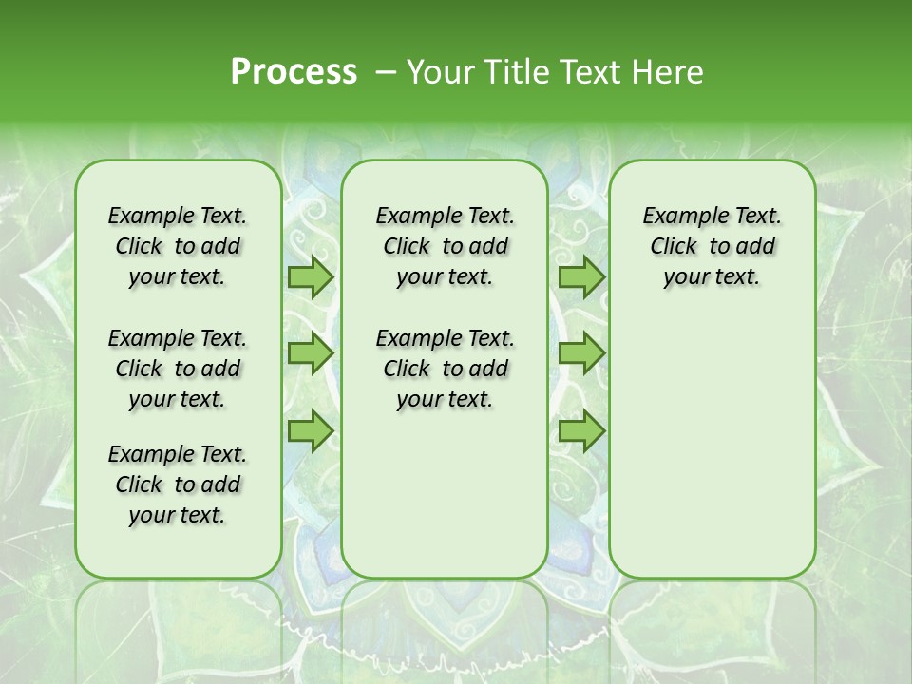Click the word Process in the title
(294, 72)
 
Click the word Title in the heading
(511, 72)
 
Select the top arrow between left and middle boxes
(311, 277)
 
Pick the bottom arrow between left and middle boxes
(311, 431)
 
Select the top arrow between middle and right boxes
(581, 277)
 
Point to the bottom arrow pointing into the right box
(581, 431)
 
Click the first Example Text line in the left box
(178, 217)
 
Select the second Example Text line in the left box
(178, 339)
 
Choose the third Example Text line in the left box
(178, 455)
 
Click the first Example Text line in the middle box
(446, 217)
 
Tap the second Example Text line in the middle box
(446, 339)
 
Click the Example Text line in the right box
(712, 217)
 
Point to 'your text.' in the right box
(712, 277)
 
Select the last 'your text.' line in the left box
(178, 516)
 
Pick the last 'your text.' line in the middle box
(446, 400)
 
